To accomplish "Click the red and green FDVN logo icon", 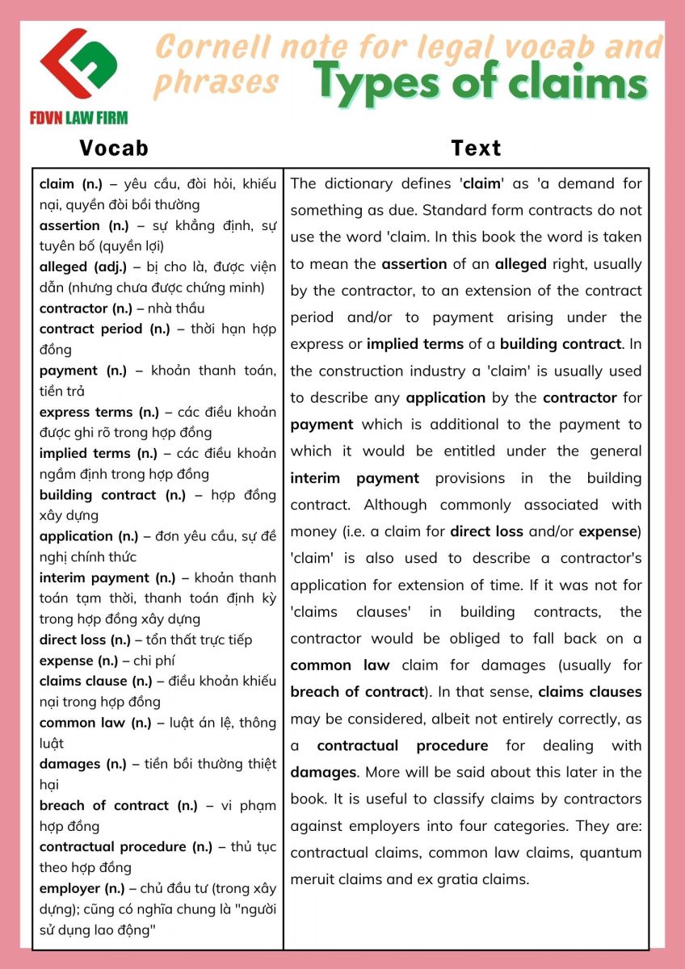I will point(79,64).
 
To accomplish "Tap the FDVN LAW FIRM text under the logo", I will point(79,118).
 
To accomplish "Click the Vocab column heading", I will point(114,148).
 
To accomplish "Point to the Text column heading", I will point(476,148).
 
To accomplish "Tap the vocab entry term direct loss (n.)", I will point(85,640).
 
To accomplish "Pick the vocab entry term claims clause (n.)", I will point(95,681).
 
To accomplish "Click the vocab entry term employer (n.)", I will point(82,888).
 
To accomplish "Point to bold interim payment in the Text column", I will point(355,478).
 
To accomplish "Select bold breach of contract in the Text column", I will point(357,692).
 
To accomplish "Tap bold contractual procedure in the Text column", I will point(402,745).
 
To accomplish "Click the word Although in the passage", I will point(395,505).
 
